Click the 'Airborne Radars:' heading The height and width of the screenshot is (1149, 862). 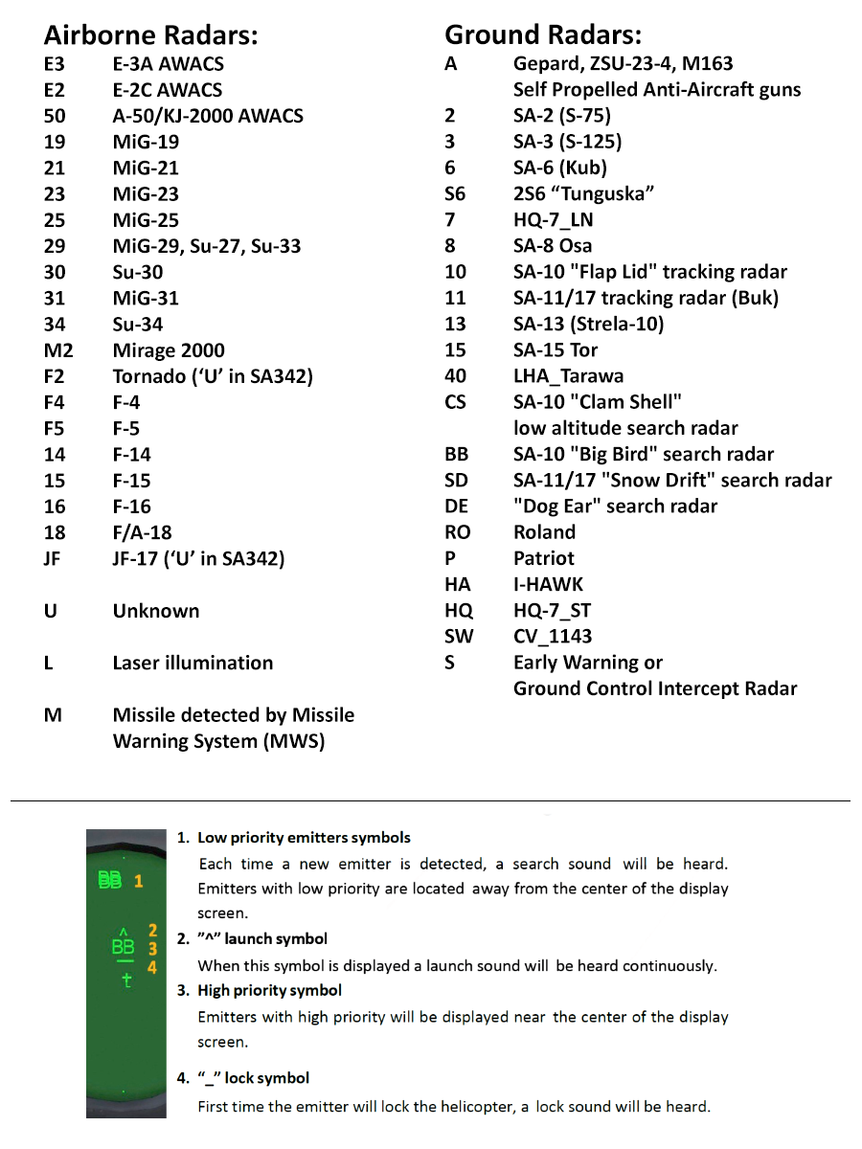(151, 36)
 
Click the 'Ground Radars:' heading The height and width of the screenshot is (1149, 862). (543, 36)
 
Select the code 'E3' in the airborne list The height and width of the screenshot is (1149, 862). (55, 64)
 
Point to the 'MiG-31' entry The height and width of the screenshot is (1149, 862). (146, 299)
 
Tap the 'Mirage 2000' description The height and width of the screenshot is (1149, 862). (169, 350)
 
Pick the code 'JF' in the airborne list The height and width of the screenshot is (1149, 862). (53, 558)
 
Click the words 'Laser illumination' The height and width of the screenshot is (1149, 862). (193, 663)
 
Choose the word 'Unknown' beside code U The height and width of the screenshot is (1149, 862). (156, 611)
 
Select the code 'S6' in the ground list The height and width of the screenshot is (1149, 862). (455, 194)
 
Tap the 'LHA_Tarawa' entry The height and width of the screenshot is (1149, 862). (569, 376)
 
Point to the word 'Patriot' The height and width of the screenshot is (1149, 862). (544, 558)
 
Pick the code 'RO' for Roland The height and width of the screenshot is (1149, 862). (458, 532)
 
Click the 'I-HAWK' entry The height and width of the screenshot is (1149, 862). (548, 584)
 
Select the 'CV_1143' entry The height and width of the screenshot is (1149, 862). (553, 637)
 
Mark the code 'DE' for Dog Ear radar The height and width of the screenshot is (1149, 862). (457, 507)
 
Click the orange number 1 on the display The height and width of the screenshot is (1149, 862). (138, 880)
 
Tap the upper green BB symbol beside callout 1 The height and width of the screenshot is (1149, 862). (110, 880)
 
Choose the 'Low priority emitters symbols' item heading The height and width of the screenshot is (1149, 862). (304, 838)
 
